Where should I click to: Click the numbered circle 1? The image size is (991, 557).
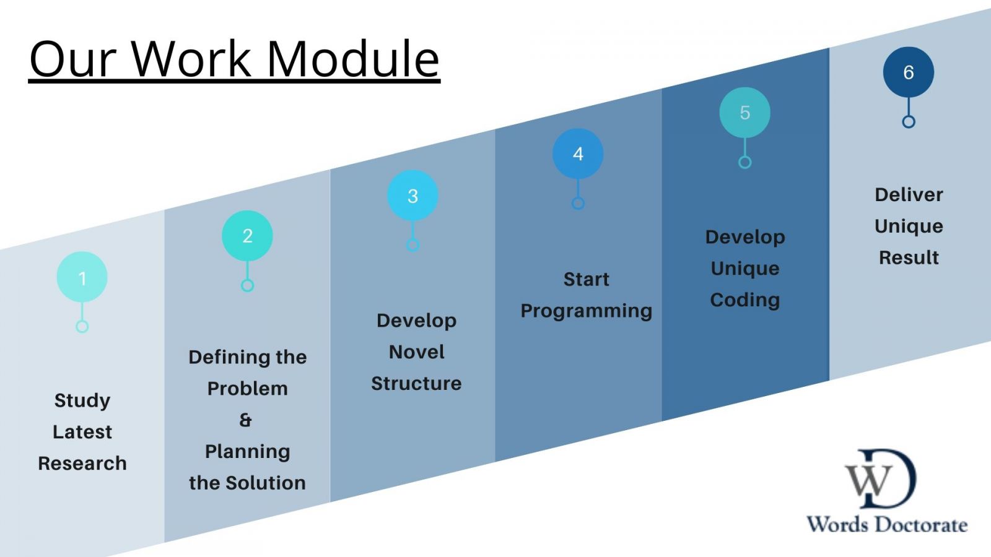[x=82, y=277]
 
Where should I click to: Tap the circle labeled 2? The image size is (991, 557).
[x=247, y=236]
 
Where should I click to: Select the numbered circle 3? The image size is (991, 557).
[x=413, y=196]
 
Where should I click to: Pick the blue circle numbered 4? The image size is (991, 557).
[x=578, y=153]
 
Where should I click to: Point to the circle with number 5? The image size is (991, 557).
[x=744, y=113]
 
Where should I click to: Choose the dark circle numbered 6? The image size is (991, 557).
[x=908, y=72]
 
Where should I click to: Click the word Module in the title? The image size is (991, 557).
[x=353, y=59]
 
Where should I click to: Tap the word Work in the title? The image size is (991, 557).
[x=192, y=59]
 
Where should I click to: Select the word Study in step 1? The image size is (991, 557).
[x=82, y=400]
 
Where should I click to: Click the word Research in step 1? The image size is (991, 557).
[x=82, y=463]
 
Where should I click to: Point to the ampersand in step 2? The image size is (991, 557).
[x=246, y=420]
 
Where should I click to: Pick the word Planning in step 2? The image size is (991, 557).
[x=247, y=452]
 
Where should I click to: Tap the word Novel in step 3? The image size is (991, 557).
[x=416, y=352]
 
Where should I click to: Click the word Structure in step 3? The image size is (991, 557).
[x=416, y=384]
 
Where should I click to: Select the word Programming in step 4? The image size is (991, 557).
[x=586, y=311]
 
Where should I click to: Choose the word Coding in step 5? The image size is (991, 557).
[x=744, y=300]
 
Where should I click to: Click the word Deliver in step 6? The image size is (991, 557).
[x=909, y=195]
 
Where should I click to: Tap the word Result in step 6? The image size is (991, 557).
[x=909, y=257]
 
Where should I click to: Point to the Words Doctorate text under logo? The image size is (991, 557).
[x=886, y=525]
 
